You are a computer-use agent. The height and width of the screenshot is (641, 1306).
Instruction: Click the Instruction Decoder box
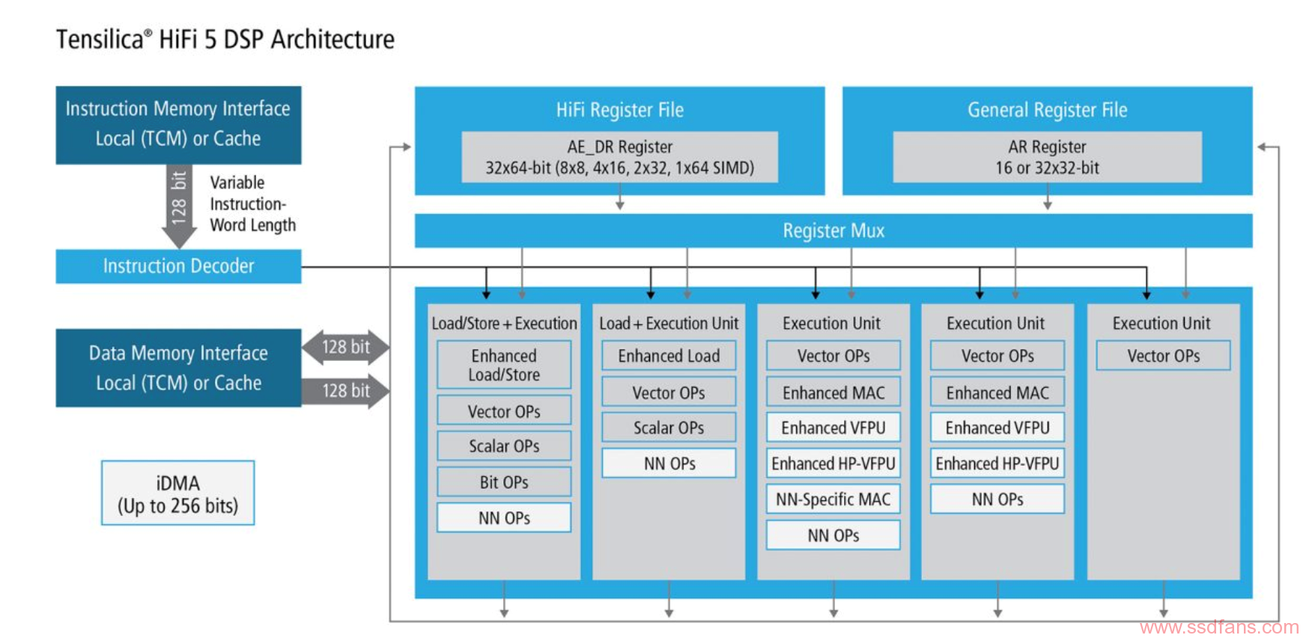coord(178,266)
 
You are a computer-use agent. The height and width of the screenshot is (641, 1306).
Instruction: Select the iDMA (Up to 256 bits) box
coord(178,493)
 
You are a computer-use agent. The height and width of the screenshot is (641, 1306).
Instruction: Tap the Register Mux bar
coord(833,231)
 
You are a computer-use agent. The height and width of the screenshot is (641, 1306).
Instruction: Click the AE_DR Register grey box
coord(620,157)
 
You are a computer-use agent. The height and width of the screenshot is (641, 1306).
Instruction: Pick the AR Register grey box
coord(1047,157)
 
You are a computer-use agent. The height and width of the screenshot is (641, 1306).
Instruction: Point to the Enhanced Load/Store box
coord(504,365)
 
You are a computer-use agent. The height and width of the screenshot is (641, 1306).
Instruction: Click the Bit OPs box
coord(504,482)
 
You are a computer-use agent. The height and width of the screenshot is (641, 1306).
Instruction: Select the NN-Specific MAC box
coord(833,499)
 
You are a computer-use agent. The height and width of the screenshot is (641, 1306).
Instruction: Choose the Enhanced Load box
coord(669,356)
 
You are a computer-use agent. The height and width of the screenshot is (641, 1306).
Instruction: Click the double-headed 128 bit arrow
coord(346,347)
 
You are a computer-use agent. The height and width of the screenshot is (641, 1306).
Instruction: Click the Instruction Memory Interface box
coord(178,125)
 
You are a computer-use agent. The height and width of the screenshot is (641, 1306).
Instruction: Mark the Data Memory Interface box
coord(178,368)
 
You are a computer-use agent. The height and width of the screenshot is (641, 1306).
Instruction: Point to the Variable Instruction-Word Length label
coord(252,204)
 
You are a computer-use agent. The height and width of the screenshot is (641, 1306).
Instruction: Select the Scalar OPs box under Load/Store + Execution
coord(504,446)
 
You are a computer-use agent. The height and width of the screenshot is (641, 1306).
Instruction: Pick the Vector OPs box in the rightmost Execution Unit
coord(1164,356)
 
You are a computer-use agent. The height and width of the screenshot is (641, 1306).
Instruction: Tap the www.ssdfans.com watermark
coord(1219,628)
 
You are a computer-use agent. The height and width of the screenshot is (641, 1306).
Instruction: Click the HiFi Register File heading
coord(620,110)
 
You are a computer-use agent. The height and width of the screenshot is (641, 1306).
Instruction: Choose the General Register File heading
coord(1047,110)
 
